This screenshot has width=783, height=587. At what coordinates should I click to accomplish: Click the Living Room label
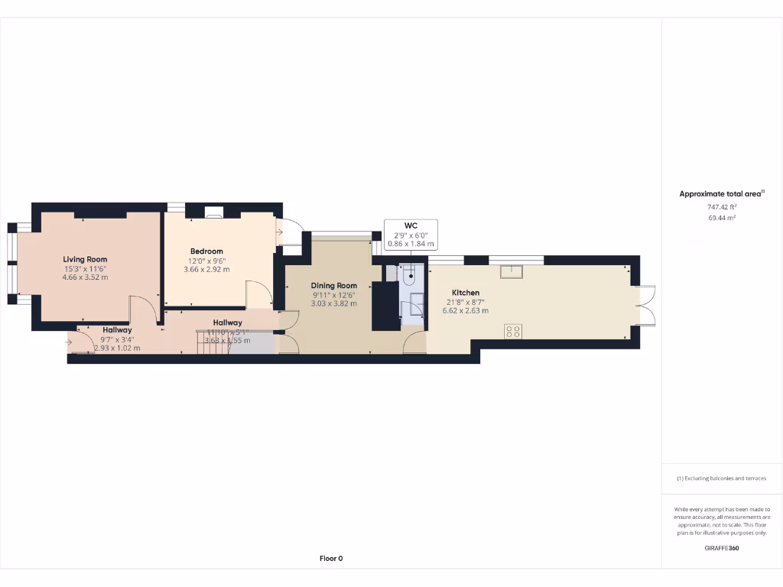coord(85,259)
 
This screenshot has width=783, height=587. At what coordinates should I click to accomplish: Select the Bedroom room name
coord(206,251)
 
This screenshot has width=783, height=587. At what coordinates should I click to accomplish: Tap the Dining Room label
coord(334,286)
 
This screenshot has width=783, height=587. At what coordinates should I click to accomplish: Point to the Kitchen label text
coord(466,293)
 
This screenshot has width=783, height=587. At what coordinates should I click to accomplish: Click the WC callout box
coord(411,235)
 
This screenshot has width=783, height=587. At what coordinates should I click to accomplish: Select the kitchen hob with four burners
coord(513,331)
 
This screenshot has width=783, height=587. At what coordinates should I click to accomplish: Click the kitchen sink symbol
coord(511,272)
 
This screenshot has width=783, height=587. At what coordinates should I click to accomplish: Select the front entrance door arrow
coord(70,342)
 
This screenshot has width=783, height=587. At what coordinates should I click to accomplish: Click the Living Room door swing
coord(142,309)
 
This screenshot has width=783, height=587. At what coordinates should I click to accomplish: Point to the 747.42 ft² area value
coord(722,207)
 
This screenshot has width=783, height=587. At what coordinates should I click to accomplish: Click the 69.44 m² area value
coord(722,218)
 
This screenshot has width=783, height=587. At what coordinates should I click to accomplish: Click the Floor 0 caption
coord(331,559)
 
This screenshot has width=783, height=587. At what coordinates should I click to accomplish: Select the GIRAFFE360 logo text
coord(722,548)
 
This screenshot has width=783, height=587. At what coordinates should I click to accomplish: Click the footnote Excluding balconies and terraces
coord(722,478)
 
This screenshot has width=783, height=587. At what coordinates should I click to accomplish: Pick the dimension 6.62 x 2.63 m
coord(466,311)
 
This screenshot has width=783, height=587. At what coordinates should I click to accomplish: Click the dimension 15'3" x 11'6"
coord(85,268)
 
